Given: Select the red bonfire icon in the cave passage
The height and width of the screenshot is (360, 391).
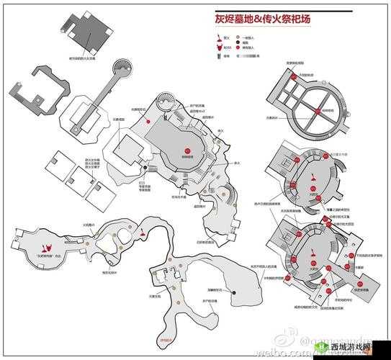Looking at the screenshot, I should (145, 233).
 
